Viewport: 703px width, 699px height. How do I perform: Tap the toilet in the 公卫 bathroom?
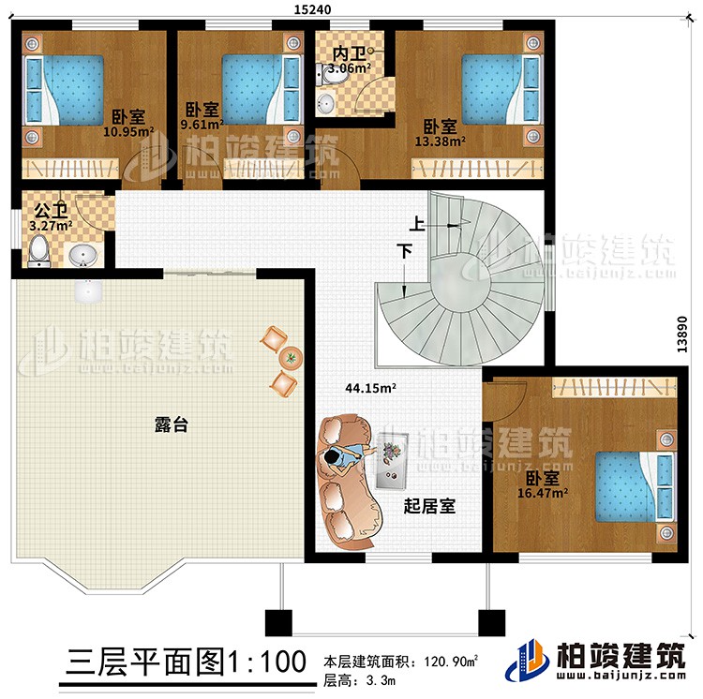38,250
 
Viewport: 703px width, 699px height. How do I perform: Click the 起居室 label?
429,505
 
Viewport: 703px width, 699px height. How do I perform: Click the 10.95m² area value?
127,132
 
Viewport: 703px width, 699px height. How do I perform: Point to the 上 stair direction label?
412,224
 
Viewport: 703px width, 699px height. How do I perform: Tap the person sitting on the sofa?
343,456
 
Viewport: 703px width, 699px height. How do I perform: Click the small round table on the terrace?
292,358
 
